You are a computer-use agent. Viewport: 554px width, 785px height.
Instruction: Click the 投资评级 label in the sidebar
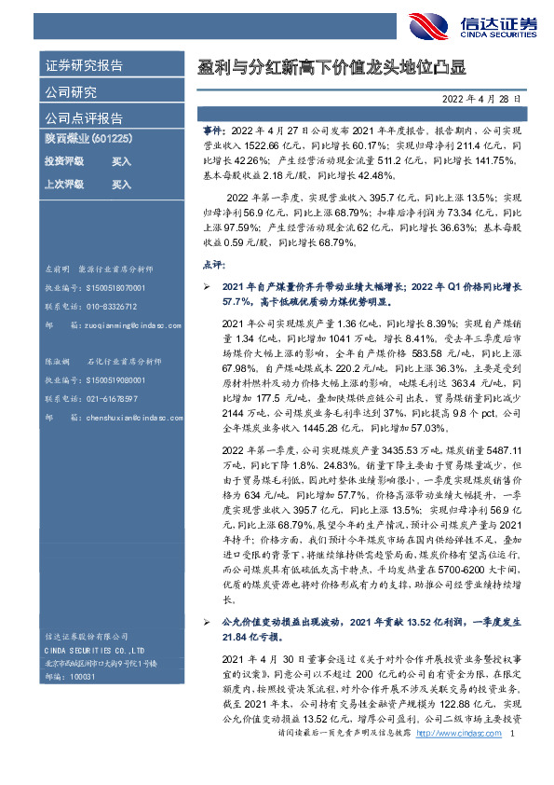pos(64,160)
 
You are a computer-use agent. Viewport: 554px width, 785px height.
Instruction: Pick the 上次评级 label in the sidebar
pos(64,184)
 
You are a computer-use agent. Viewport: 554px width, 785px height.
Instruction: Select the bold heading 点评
pos(212,265)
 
